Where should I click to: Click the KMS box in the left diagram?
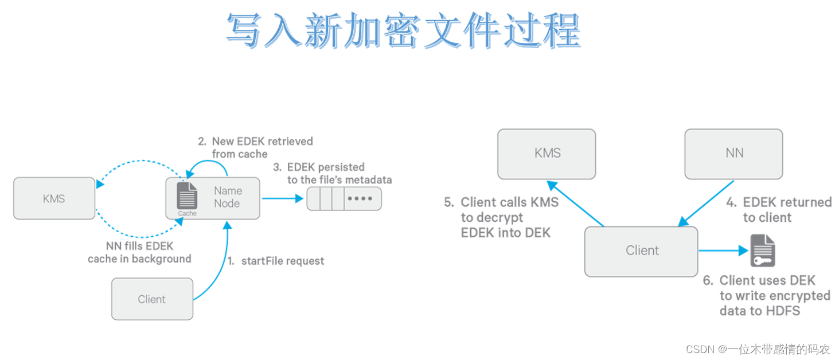pos(54,198)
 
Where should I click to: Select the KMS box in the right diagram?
pos(546,153)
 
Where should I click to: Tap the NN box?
pos(733,153)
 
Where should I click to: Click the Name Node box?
pos(227,197)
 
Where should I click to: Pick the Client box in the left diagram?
pos(152,299)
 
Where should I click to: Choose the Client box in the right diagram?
pos(642,251)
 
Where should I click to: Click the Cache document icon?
pos(188,196)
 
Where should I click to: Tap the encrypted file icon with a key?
pos(763,251)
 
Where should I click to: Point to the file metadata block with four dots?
pos(344,198)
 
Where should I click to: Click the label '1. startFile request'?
pos(276,261)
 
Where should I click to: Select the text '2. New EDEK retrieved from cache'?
pos(255,147)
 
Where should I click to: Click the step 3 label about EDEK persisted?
pos(332,173)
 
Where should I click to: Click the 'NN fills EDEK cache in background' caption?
pos(139,252)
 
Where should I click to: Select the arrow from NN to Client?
pos(707,204)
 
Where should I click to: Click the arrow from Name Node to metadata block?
pos(282,198)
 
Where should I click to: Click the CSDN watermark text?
pos(758,349)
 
